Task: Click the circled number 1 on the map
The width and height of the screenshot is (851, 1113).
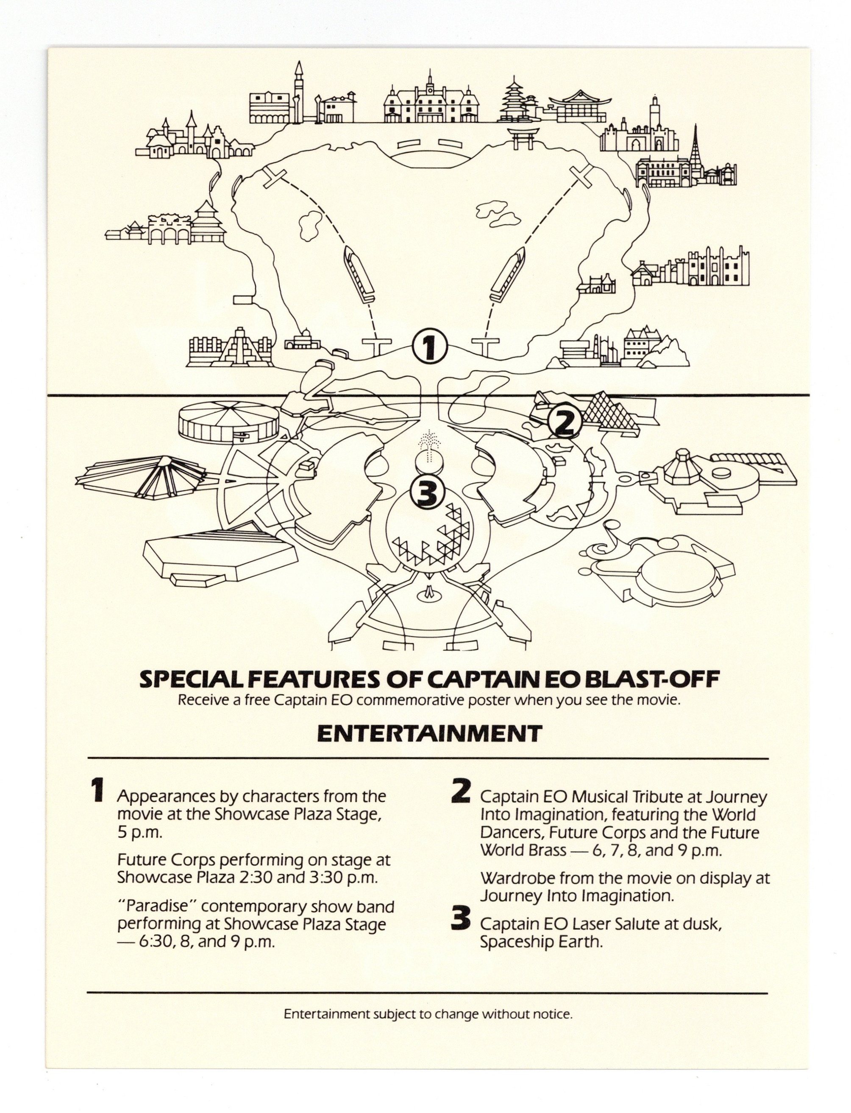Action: [428, 347]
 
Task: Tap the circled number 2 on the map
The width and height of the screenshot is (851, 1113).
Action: [564, 422]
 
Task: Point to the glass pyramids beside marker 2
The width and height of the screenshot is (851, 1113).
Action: [606, 408]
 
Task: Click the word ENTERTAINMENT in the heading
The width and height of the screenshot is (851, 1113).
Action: [430, 733]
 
